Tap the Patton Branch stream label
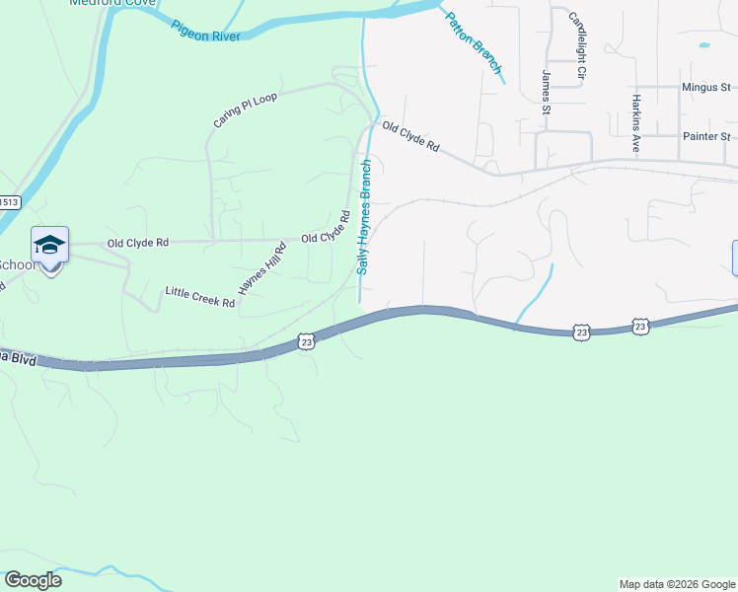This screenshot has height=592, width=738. click(474, 42)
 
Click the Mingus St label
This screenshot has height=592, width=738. click(705, 87)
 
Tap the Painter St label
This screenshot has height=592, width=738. click(705, 136)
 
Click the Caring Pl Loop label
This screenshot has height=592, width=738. click(246, 110)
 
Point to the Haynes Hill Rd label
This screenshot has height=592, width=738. click(260, 268)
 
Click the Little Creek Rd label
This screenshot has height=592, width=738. click(199, 297)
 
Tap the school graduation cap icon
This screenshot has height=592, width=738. click(49, 245)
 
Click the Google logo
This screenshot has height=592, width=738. click(33, 580)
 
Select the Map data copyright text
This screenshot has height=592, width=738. click(677, 584)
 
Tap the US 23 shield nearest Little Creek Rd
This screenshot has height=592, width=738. click(307, 340)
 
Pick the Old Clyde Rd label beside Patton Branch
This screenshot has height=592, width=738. click(410, 136)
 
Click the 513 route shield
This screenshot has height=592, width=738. click(9, 202)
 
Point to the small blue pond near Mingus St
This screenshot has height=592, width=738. click(704, 45)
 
